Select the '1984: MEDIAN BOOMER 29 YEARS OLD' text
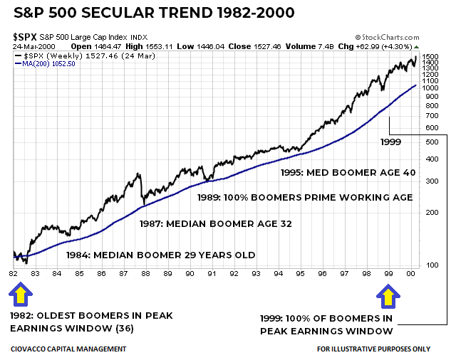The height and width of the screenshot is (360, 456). coord(160,255)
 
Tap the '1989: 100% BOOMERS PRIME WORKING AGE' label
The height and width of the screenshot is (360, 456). coord(305,197)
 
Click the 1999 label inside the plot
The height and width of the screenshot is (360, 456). coord(390,142)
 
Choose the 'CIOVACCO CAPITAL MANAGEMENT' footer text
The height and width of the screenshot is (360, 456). coord(68,349)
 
